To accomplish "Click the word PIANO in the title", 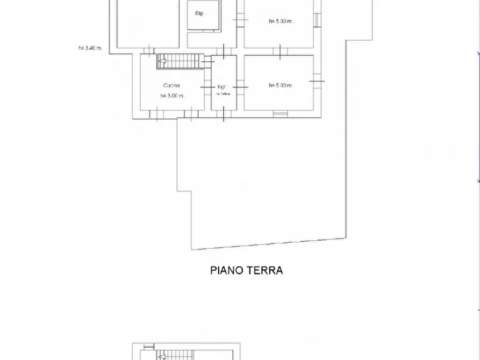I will (x=226, y=270).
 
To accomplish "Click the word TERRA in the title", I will (x=264, y=270).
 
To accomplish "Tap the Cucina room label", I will (x=171, y=85).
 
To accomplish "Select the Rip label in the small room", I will (x=199, y=13).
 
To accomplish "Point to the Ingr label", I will (x=221, y=87).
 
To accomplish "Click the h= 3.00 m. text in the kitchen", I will (x=172, y=96).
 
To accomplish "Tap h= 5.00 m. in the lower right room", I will (x=280, y=85).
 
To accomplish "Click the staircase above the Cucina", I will (x=181, y=62).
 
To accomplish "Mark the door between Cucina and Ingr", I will (x=206, y=87).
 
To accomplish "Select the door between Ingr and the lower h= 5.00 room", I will (x=240, y=87).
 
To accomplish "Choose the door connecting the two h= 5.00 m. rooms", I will (x=280, y=52).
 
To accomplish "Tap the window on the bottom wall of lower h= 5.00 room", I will (x=280, y=113).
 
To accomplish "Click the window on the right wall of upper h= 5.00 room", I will (x=317, y=20).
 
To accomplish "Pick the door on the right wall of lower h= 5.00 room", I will (x=317, y=81).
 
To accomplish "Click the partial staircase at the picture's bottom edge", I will (x=177, y=355).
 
